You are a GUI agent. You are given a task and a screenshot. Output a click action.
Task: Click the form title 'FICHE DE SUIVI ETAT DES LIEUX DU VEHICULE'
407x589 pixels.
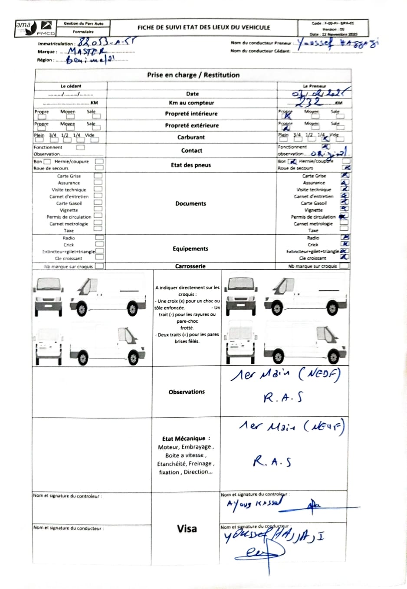click(203, 27)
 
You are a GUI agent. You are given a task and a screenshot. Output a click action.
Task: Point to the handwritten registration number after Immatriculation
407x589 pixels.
click(107, 43)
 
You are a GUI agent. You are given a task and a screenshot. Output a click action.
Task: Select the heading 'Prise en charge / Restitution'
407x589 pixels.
click(193, 75)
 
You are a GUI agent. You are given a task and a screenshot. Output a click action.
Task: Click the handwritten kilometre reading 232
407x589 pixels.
click(309, 101)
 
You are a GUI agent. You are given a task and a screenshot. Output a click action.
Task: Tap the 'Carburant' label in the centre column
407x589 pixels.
click(191, 137)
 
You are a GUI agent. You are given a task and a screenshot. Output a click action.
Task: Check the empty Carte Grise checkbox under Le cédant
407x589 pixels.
click(98, 176)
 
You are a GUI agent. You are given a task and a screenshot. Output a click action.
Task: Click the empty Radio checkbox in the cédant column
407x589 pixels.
click(99, 238)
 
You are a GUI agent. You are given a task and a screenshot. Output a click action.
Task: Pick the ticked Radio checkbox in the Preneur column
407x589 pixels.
click(346, 237)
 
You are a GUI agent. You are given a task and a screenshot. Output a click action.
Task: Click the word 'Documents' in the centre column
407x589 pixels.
click(190, 203)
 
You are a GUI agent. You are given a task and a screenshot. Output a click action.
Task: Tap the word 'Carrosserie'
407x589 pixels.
click(190, 266)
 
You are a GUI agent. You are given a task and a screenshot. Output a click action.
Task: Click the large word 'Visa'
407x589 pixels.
click(187, 529)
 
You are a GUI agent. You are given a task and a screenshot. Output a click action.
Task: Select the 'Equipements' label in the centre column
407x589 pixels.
click(190, 249)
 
